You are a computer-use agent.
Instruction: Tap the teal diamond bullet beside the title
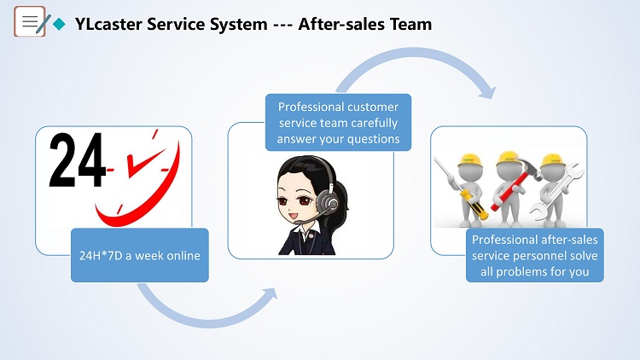coord(59,24)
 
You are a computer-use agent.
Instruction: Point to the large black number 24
coord(77,160)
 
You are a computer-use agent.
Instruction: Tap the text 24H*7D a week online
coord(140,256)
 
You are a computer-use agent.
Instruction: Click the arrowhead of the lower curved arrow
coord(271,293)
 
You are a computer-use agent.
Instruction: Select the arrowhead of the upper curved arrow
coord(487,93)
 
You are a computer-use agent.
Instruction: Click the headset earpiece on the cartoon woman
coord(328,200)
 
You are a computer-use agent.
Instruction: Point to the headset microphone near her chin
coord(301,222)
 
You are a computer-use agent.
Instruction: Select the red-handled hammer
coord(517,182)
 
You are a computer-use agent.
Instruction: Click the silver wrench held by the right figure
coord(556,192)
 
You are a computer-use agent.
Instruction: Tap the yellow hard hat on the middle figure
coord(509,158)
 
